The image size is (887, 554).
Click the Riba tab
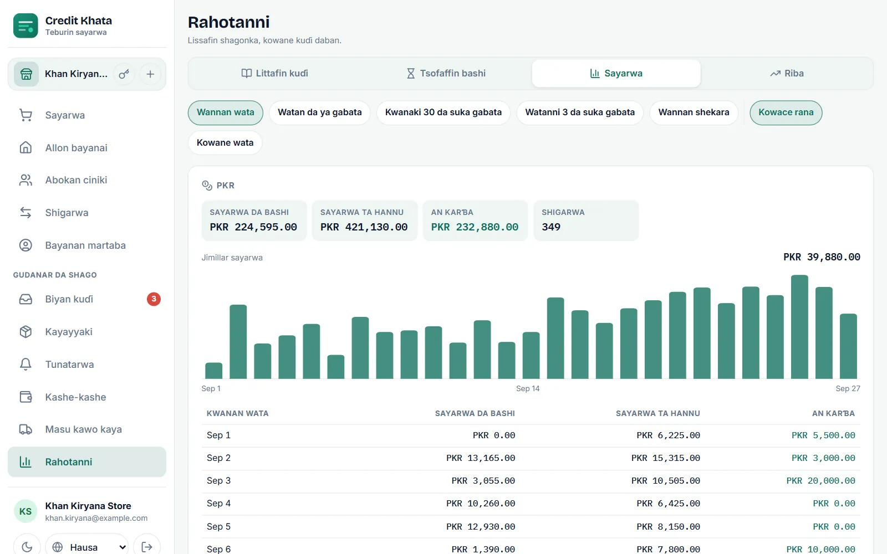click(787, 73)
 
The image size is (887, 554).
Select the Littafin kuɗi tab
click(275, 73)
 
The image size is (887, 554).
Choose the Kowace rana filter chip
click(786, 112)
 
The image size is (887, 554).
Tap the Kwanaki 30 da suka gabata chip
click(443, 112)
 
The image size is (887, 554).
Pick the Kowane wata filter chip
click(225, 142)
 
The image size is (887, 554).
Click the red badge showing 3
click(154, 299)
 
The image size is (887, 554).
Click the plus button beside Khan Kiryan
click(150, 74)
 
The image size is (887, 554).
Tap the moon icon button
click(27, 546)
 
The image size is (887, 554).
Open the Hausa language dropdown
click(86, 547)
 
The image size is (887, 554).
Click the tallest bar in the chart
click(799, 327)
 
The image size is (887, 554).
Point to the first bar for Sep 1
click(213, 371)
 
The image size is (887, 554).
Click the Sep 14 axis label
click(527, 388)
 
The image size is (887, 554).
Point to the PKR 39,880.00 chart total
click(822, 257)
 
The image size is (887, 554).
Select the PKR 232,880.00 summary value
click(475, 227)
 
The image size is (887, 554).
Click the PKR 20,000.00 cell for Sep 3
click(820, 481)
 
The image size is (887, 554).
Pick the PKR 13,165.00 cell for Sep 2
click(480, 458)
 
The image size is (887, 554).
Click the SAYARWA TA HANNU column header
click(657, 413)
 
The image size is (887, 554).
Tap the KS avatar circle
click(26, 511)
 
